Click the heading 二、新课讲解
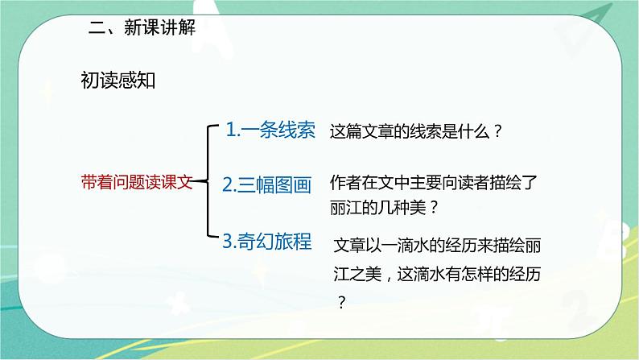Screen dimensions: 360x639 pyautogui.click(x=142, y=28)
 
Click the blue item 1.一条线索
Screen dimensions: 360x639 pyautogui.click(x=270, y=130)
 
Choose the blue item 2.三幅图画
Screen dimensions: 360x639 pyautogui.click(x=266, y=184)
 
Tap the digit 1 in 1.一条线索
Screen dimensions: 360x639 pyautogui.click(x=230, y=130)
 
